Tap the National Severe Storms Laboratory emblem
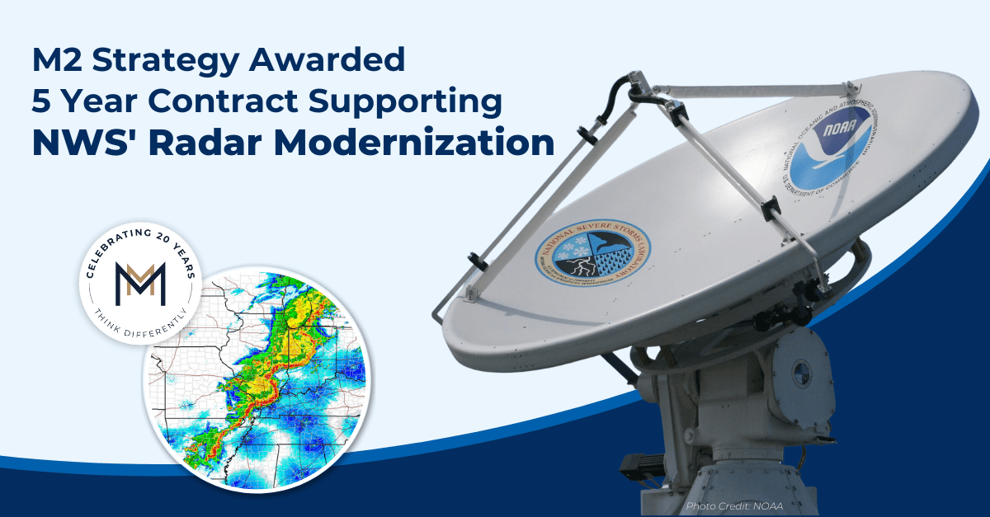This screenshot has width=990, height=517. [x=592, y=247]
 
